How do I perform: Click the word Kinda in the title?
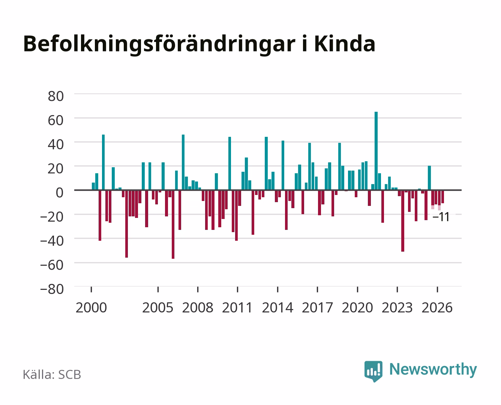pos(345,44)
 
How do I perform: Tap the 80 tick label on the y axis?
pos(56,96)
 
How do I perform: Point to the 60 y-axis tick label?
pos(56,120)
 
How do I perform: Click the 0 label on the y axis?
pos(60,193)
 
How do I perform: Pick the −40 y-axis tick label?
pos(52,241)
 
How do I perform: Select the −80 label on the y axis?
pos(52,289)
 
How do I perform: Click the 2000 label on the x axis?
pos(91,307)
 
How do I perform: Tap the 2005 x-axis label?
pos(158,307)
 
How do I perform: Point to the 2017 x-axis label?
pos(318,307)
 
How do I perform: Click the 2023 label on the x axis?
pos(397,307)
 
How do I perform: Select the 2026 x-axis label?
pos(437,307)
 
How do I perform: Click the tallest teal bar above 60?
pos(376,151)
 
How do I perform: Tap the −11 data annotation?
pos(441,217)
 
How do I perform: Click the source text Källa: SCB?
pos(52,374)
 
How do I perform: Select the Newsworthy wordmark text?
pos(433,369)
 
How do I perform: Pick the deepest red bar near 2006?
pos(173,224)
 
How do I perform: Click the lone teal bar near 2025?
pos(429,178)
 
